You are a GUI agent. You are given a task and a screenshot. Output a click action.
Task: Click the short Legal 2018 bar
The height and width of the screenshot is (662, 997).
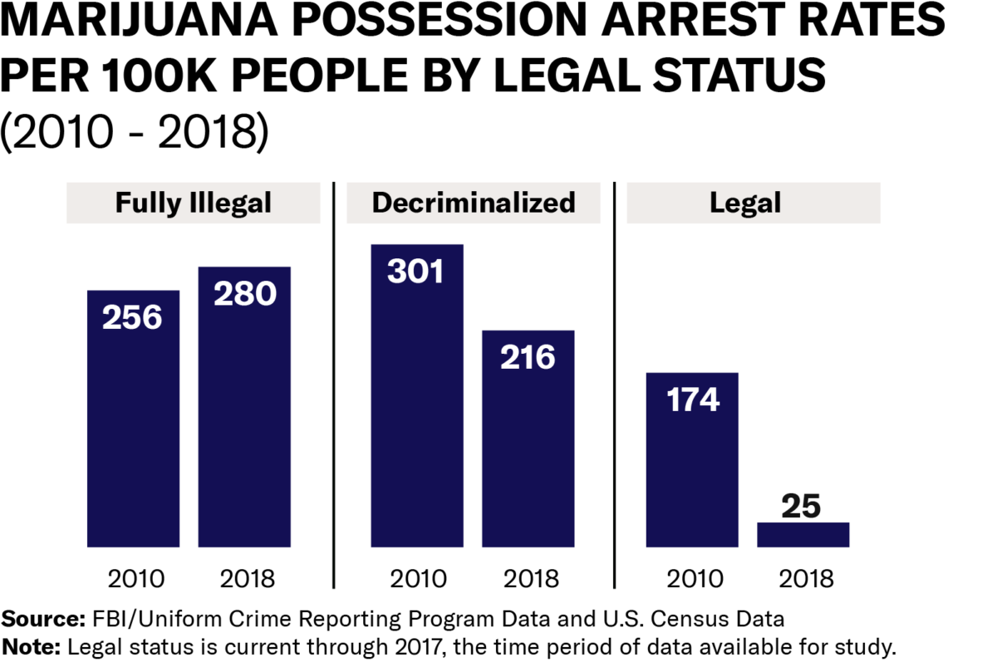[803, 535]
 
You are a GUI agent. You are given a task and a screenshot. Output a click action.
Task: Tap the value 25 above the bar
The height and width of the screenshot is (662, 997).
[803, 507]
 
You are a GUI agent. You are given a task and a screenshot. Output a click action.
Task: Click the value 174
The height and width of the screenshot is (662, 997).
[692, 400]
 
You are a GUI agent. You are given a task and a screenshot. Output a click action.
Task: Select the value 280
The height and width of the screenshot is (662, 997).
[244, 293]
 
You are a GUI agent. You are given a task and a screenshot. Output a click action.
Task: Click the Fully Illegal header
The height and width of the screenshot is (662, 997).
[194, 203]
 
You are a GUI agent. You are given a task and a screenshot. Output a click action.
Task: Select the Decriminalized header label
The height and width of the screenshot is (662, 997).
[474, 203]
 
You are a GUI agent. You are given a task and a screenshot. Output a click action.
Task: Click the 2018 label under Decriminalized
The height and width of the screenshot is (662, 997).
[528, 577]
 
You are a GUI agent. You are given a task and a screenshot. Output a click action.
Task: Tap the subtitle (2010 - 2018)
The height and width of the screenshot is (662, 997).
[135, 134]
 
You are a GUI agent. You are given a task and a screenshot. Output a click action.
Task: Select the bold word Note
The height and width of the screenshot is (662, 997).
[32, 645]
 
